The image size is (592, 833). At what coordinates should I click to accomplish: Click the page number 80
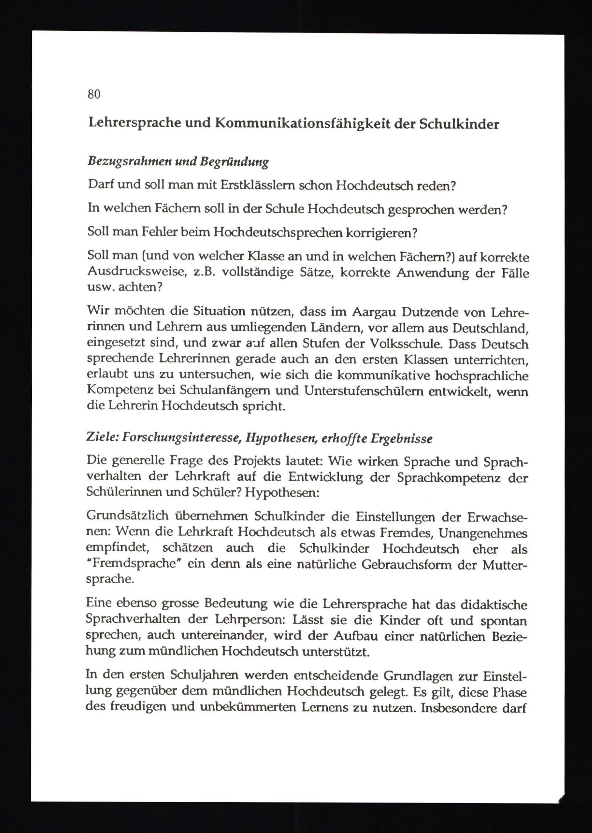coord(94,94)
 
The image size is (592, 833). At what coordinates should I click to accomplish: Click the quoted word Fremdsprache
coord(134,564)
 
